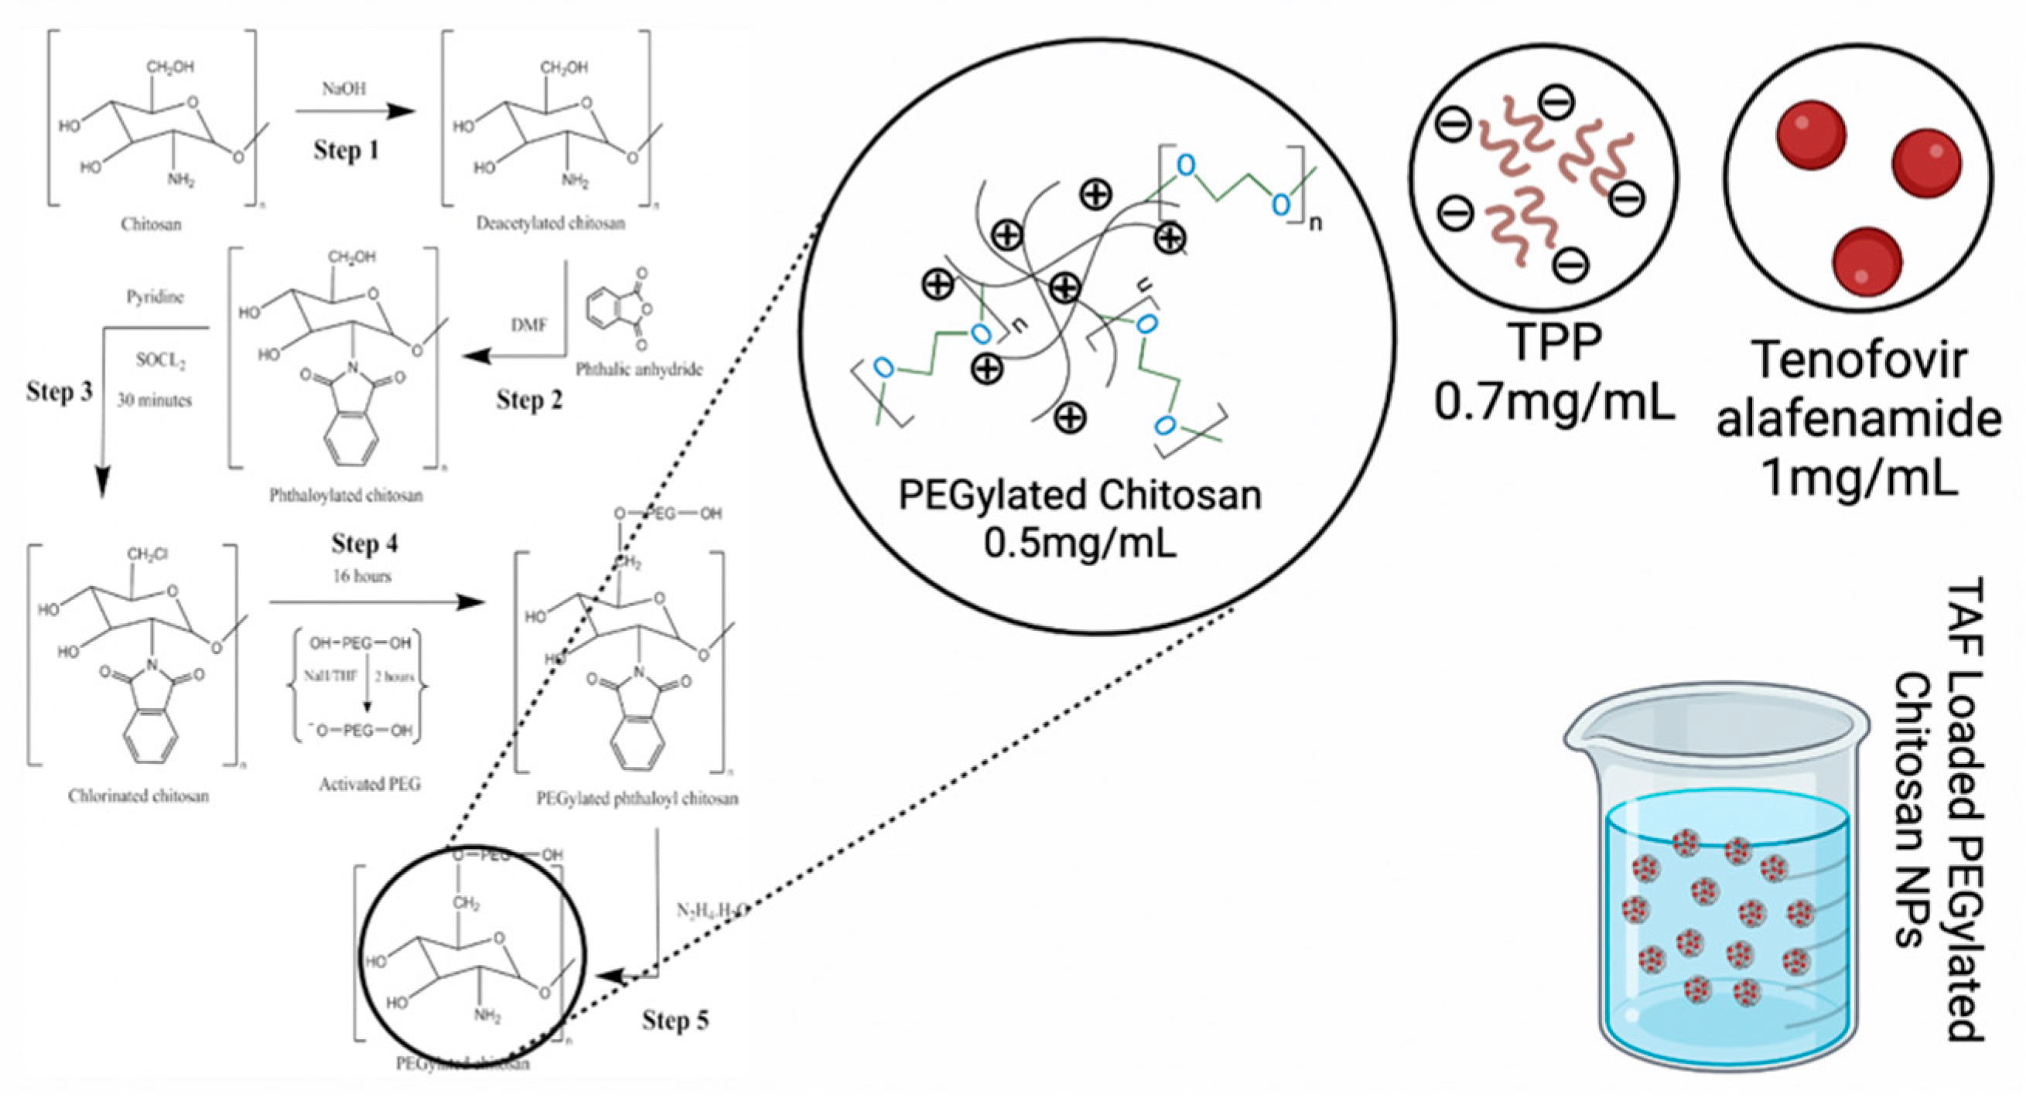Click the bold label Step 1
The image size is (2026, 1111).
[346, 149]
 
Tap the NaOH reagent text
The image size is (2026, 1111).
[343, 89]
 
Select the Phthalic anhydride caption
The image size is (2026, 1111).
[639, 369]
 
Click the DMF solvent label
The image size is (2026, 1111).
[528, 325]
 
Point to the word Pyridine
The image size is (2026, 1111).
[155, 296]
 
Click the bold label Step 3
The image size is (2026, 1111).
[59, 390]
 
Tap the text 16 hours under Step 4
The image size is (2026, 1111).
[362, 576]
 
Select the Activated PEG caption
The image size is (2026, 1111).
[369, 784]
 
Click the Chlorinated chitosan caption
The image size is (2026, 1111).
[138, 796]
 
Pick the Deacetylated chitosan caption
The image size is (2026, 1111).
[551, 223]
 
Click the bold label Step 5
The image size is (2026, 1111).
[675, 1020]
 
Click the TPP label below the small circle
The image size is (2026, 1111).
[1553, 343]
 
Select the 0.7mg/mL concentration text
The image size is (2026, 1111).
[1554, 402]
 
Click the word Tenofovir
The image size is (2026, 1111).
[1859, 360]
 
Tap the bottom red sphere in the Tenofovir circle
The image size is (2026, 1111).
[1867, 261]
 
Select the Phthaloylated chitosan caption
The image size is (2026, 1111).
[346, 496]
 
